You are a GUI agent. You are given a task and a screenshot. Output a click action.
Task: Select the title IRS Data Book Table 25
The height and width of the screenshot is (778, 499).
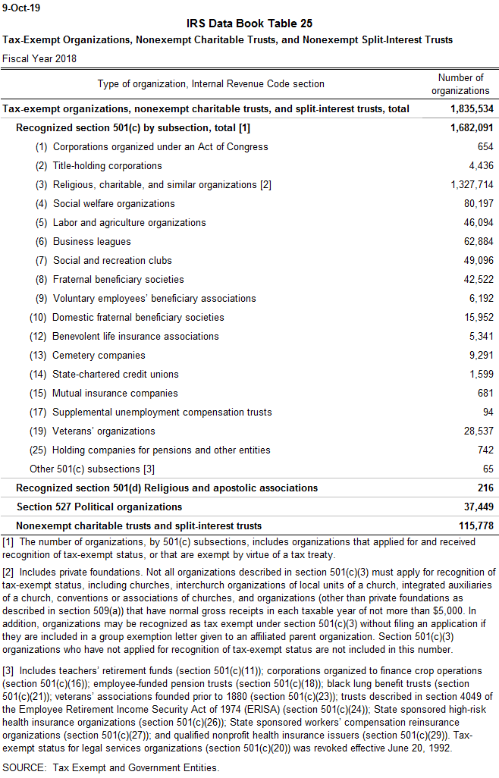pyautogui.click(x=249, y=24)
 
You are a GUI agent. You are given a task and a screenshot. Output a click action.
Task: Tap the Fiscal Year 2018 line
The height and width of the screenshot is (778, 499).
pyautogui.click(x=39, y=58)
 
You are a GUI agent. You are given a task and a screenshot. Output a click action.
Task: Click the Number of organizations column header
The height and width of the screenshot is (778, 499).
pyautogui.click(x=460, y=84)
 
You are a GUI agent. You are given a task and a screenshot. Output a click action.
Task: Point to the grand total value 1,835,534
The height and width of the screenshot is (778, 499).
pyautogui.click(x=471, y=109)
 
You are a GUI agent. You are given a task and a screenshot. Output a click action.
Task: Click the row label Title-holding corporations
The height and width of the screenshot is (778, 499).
pyautogui.click(x=107, y=166)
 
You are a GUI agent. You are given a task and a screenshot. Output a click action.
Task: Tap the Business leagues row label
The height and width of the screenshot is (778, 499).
pyautogui.click(x=92, y=242)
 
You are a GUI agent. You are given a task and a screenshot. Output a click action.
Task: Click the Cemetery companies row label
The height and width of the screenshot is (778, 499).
pyautogui.click(x=99, y=356)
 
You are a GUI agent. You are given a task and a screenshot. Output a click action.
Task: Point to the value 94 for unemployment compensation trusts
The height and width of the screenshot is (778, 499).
pyautogui.click(x=487, y=413)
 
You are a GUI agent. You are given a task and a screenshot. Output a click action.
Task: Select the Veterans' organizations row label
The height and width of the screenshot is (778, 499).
pyautogui.click(x=104, y=431)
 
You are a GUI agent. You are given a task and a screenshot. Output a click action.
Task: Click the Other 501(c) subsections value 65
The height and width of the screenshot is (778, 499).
pyautogui.click(x=487, y=469)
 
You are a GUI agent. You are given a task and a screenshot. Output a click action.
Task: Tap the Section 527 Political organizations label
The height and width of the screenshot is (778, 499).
pyautogui.click(x=99, y=507)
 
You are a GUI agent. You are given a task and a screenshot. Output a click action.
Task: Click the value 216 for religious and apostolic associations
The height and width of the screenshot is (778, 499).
pyautogui.click(x=485, y=488)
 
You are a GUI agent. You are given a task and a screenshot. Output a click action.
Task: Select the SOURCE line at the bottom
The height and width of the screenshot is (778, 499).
pyautogui.click(x=111, y=768)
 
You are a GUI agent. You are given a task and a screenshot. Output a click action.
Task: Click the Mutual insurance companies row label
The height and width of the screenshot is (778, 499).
pyautogui.click(x=115, y=394)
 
